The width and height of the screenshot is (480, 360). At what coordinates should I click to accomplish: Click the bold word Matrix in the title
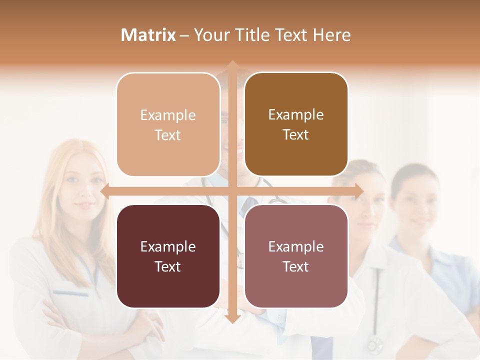[148, 35]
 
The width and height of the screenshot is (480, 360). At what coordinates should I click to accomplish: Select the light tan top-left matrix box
[168, 124]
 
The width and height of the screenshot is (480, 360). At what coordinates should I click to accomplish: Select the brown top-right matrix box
[296, 124]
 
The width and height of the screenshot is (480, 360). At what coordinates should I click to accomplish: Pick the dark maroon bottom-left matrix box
[168, 256]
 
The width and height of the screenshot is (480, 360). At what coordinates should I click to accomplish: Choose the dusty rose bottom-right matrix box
[296, 256]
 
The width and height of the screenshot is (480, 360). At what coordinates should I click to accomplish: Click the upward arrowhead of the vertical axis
[232, 64]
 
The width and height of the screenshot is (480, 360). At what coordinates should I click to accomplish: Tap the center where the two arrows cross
[232, 191]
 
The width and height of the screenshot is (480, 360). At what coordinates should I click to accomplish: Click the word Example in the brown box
[296, 115]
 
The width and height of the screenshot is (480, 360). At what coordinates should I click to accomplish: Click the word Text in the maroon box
[167, 266]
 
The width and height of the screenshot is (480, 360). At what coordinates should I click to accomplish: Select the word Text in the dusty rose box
[295, 266]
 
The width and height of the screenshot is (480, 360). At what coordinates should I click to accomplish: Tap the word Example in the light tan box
[168, 115]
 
